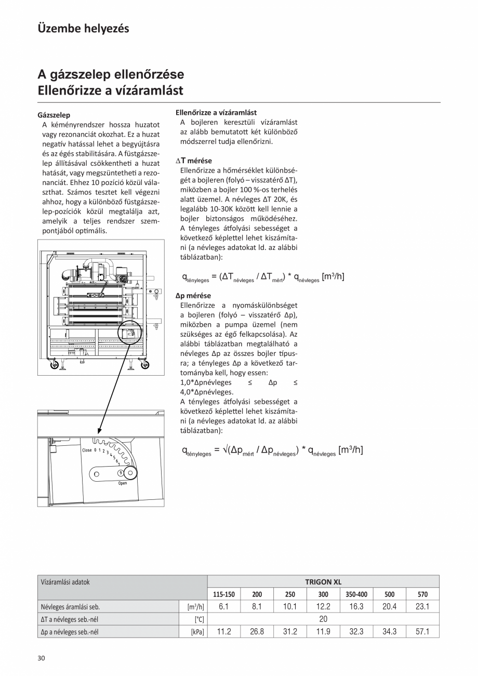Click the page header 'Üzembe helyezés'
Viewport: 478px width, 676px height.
coord(83,29)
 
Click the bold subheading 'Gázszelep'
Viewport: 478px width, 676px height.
coord(54,115)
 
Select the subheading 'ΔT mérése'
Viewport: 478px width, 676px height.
coord(193,161)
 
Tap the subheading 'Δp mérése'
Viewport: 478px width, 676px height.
coord(193,296)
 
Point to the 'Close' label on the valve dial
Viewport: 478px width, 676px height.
coord(86,450)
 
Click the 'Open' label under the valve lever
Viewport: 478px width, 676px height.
coord(122,483)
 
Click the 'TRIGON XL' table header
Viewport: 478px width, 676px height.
coord(323,582)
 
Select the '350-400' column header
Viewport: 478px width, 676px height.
coord(356,594)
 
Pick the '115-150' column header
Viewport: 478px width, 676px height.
coord(224,594)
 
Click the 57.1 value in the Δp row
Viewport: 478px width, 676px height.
coord(422,632)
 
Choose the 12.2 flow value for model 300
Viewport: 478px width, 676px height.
coord(323,606)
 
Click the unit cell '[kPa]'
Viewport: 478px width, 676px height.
coord(197,632)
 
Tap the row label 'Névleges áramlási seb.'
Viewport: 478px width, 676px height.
coord(70,606)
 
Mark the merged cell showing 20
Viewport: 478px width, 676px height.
coord(323,619)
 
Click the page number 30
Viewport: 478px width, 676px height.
coord(42,658)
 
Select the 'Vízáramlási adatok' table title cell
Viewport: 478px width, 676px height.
coord(65,582)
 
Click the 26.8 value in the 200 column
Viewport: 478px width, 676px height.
coord(257,632)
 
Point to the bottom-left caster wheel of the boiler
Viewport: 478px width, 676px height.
coord(54,365)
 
